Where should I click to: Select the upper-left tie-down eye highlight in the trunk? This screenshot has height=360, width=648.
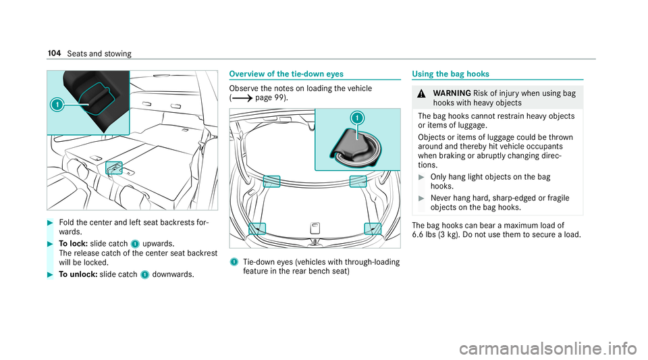coord(271,180)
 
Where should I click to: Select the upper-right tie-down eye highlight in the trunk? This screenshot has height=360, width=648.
coord(358,180)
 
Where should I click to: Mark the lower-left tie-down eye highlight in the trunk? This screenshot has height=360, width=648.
coord(256,228)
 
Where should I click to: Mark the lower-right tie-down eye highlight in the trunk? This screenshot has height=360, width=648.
coord(372,228)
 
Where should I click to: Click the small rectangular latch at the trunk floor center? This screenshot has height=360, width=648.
coord(315,227)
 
